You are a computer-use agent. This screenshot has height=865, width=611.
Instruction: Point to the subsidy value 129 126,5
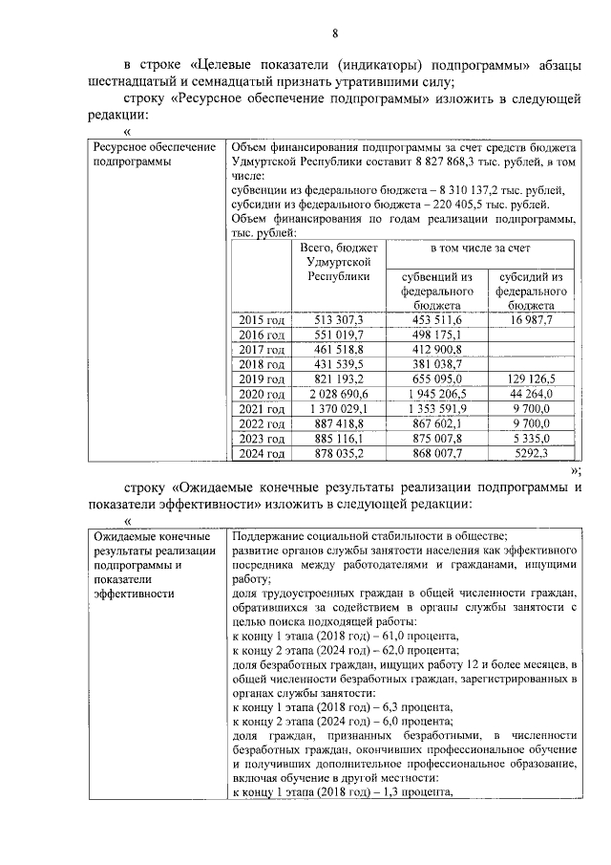[x=530, y=378]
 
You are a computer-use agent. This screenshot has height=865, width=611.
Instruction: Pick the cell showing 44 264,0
[x=530, y=394]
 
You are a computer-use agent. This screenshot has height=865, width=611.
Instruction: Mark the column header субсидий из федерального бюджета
[x=530, y=290]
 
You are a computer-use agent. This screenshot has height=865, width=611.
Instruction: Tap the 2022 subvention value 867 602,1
[x=435, y=424]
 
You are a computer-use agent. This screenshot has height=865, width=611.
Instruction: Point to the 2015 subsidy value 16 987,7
[x=530, y=319]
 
